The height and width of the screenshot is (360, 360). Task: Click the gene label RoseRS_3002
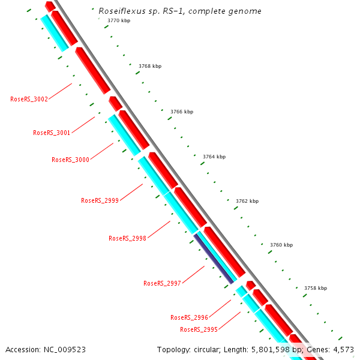point(29,99)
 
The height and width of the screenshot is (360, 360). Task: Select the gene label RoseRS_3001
point(52,133)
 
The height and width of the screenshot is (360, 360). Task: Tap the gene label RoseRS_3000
point(70,160)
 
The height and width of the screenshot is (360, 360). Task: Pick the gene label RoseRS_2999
point(100,200)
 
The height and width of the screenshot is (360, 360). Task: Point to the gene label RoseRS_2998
point(127,238)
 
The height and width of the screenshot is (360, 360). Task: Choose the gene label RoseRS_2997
point(162,283)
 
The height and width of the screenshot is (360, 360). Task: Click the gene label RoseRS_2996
point(189,317)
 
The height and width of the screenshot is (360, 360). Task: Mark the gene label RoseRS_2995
point(199,329)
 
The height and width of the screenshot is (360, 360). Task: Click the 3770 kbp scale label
point(118,20)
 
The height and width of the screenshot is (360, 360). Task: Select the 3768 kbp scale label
point(149,66)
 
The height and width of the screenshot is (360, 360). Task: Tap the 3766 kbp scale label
point(182,112)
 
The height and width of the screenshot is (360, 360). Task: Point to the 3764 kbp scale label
point(214,157)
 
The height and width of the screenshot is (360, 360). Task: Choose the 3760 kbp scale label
point(281,245)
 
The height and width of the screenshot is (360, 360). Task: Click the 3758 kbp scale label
point(316,288)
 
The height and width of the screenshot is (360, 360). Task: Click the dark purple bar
point(214,259)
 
